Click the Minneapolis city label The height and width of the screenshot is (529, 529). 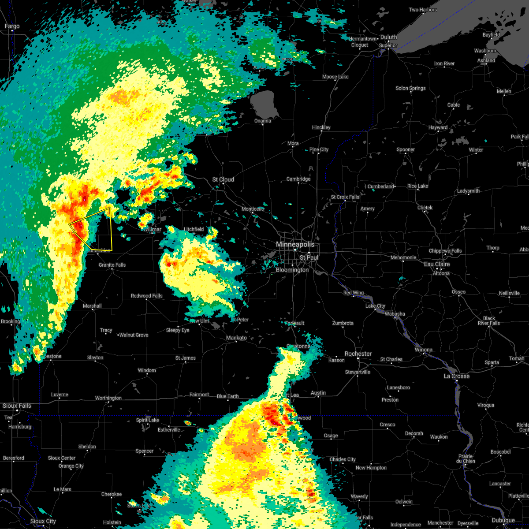click(x=295, y=244)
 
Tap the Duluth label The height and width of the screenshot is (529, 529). click(x=388, y=37)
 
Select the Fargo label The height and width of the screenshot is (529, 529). click(x=12, y=26)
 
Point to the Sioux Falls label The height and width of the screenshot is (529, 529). click(x=17, y=406)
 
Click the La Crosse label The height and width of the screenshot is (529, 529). click(x=456, y=376)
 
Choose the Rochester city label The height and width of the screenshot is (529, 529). click(x=358, y=354)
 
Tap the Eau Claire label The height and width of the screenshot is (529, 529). click(x=437, y=264)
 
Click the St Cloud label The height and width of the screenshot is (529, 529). click(x=223, y=180)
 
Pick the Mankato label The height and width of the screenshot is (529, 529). click(x=236, y=338)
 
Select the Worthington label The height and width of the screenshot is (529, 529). click(x=108, y=399)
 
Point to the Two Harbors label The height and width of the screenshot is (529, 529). click(x=423, y=10)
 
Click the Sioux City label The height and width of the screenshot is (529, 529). click(x=43, y=522)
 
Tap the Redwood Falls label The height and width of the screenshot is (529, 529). click(x=147, y=296)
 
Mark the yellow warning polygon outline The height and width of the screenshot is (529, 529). click(x=112, y=229)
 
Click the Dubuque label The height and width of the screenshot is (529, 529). click(x=503, y=521)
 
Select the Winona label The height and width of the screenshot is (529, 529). click(x=423, y=350)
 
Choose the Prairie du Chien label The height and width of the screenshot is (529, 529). click(x=466, y=459)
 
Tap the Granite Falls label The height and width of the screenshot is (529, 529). click(x=112, y=265)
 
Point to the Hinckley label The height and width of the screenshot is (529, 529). click(x=321, y=128)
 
